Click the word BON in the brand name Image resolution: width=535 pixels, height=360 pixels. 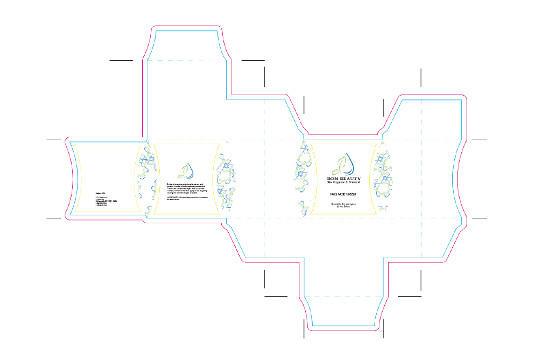coord(334,178)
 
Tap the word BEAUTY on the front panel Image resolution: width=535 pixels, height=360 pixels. coord(350,178)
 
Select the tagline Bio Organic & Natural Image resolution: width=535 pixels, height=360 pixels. coord(344,183)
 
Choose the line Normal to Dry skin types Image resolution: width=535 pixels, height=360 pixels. coord(344,204)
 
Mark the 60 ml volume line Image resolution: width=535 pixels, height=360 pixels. coord(344,207)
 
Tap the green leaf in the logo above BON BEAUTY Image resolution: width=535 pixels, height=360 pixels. coord(337,170)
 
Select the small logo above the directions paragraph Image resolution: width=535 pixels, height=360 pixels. coord(187,170)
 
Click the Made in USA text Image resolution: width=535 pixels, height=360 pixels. coord(100,193)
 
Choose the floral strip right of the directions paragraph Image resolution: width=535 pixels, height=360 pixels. coord(224,179)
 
